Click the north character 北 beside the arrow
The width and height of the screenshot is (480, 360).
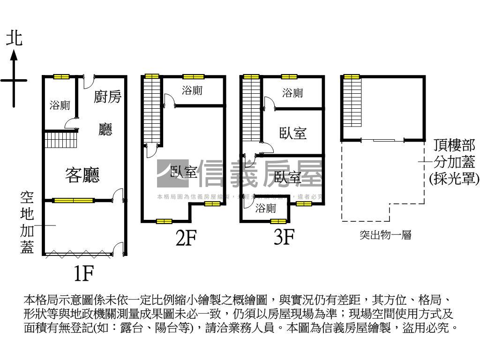14,38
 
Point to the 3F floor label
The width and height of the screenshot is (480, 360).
284,237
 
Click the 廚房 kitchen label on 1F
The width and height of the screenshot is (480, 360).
107,97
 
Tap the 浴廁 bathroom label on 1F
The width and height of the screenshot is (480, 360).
60,105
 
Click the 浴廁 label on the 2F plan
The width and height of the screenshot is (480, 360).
192,90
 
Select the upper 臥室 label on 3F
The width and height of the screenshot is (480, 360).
293,133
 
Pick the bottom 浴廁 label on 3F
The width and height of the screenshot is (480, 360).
266,209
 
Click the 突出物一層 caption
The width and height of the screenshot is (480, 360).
385,235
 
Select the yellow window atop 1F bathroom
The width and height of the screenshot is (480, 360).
61,77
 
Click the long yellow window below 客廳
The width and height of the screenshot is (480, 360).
73,201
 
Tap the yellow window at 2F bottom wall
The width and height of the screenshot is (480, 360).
164,221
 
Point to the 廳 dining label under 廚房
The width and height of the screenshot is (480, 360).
105,129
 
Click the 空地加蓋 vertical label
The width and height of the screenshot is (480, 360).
27,222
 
